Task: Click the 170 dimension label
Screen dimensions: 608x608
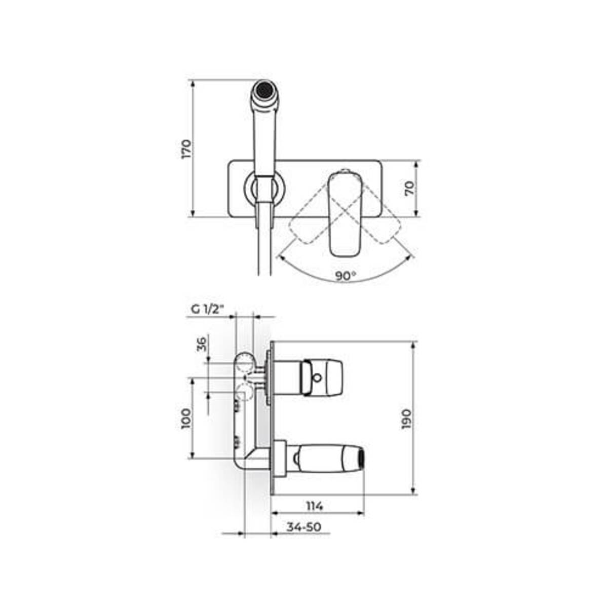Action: coord(186,149)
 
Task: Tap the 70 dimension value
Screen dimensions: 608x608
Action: coord(409,188)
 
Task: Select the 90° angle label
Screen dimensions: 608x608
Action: coord(346,276)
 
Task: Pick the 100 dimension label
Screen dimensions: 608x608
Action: coord(186,419)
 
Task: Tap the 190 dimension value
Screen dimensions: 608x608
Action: coord(407,419)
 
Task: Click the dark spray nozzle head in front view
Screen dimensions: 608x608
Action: coord(265,90)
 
